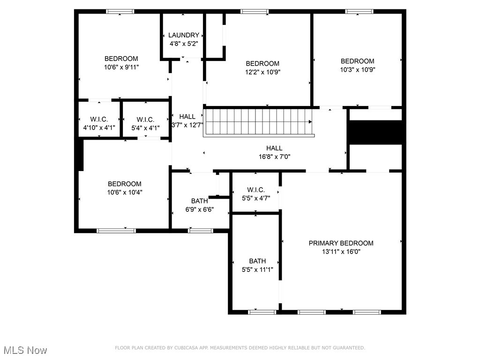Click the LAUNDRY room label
184,35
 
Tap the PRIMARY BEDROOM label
341,243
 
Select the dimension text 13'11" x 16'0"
341,252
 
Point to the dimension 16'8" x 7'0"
274,157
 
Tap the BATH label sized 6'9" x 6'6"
199,201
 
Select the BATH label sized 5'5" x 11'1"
257,261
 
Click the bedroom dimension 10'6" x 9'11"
121,67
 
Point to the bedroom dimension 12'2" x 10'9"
262,72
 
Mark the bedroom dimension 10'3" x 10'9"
357,69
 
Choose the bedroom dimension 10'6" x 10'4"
124,192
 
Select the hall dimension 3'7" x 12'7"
187,125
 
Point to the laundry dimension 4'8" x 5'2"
184,44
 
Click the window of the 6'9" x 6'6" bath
200,231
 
